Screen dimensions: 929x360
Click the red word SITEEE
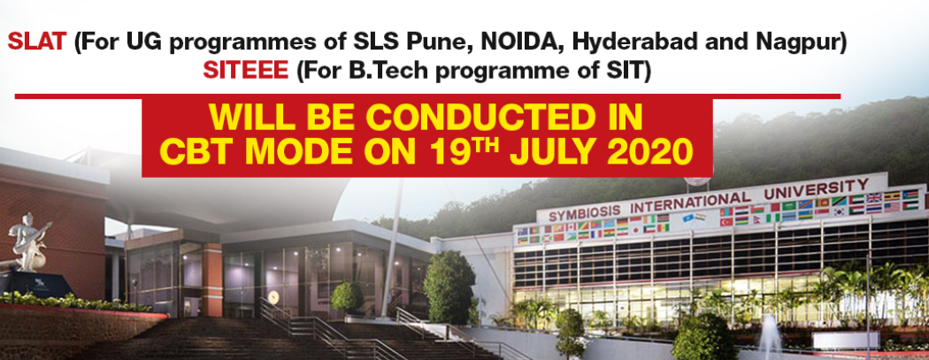click(x=246, y=71)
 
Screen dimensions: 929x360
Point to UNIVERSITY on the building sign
click(x=817, y=189)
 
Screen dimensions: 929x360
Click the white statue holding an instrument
click(x=27, y=242)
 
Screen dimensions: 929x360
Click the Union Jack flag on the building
click(x=874, y=198)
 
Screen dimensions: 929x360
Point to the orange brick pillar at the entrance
click(x=212, y=280)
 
